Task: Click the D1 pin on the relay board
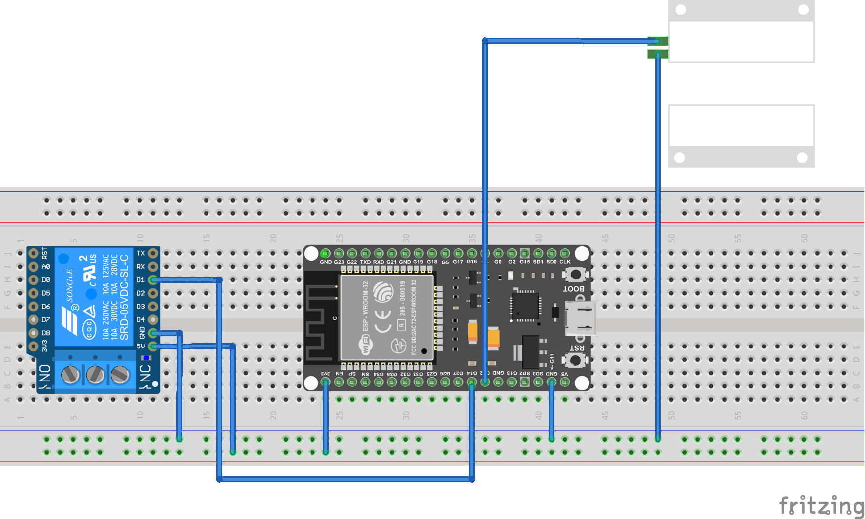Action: [x=153, y=280]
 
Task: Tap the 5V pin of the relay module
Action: [x=153, y=346]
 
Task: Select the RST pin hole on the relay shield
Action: [x=33, y=253]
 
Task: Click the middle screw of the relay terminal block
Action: [x=95, y=375]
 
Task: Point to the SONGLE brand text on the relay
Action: [x=69, y=286]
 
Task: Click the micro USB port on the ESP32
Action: [x=581, y=318]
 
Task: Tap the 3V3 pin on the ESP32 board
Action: [x=325, y=382]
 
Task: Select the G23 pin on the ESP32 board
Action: [x=339, y=253]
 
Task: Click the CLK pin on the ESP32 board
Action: [x=565, y=253]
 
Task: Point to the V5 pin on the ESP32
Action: [x=565, y=382]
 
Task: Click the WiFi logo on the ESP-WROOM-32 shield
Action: [x=366, y=344]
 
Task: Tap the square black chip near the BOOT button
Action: [x=525, y=306]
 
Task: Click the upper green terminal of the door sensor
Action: [x=657, y=41]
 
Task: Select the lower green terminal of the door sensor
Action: [x=657, y=54]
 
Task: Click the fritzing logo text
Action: [x=821, y=506]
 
